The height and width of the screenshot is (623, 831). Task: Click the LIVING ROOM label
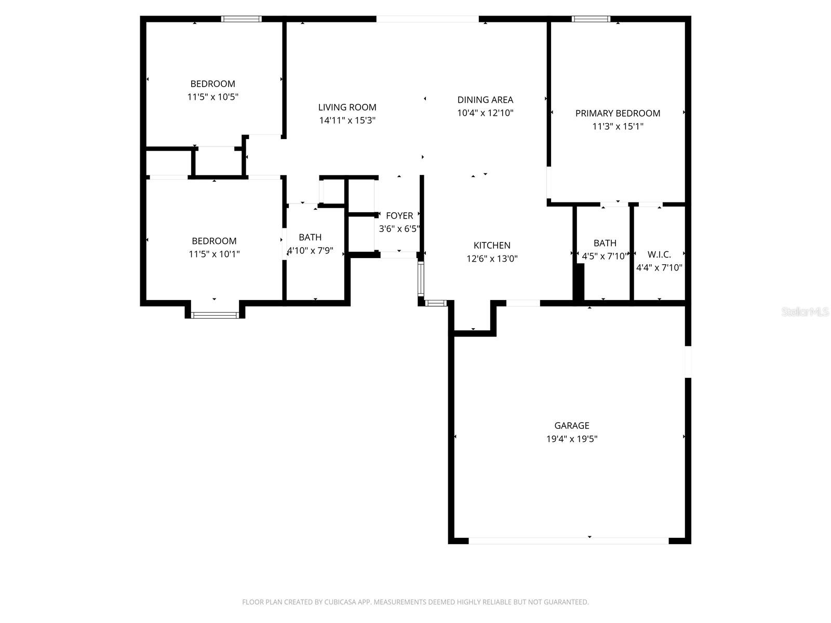[347, 107]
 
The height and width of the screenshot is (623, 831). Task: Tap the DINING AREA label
[485, 100]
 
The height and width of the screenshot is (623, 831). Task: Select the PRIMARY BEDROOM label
[618, 113]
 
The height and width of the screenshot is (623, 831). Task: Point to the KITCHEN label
[492, 246]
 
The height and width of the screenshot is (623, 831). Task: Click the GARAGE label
[571, 426]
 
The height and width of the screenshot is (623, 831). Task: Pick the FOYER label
[399, 215]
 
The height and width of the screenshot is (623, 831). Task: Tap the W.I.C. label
[659, 254]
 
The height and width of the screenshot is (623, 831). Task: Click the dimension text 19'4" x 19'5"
[571, 439]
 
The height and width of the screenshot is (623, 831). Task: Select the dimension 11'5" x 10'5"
[212, 97]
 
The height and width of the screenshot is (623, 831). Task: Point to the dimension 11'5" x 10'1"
[214, 254]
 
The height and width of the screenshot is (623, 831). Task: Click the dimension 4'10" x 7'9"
[310, 251]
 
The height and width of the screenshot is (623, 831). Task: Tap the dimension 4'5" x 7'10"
[605, 256]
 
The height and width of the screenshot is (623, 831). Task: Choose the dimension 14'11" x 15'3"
[347, 120]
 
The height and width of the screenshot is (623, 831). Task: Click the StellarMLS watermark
[805, 312]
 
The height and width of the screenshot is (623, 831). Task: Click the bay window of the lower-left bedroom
[215, 314]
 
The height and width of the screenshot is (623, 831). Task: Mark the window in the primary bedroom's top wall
[591, 19]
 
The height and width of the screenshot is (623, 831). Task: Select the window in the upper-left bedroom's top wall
[241, 19]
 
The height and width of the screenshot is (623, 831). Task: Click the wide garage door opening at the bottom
[568, 541]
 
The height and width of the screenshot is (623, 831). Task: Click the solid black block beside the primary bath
[579, 281]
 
